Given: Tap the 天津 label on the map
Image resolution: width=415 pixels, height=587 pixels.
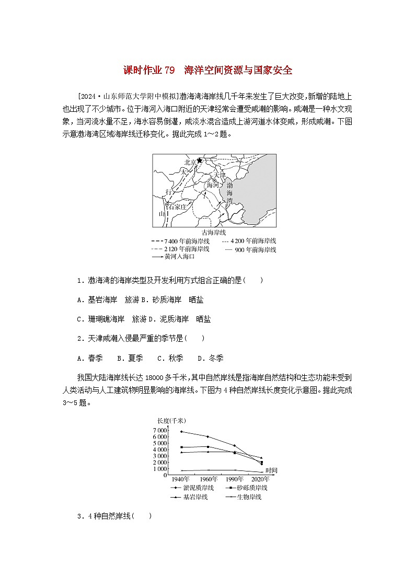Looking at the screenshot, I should [x=221, y=175].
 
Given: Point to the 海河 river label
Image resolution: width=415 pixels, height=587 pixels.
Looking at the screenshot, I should [x=213, y=185].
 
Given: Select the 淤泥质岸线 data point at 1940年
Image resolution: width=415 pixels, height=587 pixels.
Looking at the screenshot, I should [x=181, y=431].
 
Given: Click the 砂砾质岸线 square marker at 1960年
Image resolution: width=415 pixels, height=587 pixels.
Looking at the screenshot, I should [x=208, y=447].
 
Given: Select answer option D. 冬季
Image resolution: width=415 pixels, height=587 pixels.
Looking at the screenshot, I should [x=210, y=358].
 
